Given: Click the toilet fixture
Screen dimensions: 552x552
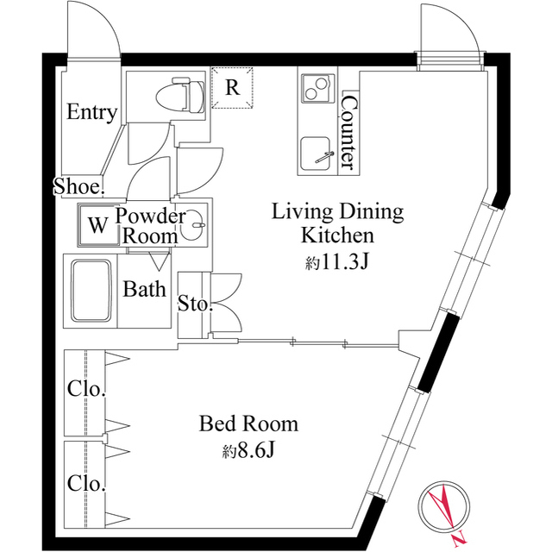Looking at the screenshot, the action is pyautogui.click(x=180, y=95).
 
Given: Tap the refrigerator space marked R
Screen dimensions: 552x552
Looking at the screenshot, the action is pyautogui.click(x=232, y=87).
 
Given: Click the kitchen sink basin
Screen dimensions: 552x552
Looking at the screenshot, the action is pyautogui.click(x=316, y=153).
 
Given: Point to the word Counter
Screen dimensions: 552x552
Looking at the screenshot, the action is pyautogui.click(x=349, y=132).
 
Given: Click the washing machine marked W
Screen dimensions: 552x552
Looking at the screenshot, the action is pyautogui.click(x=97, y=224).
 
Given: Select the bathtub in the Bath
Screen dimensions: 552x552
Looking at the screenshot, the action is pyautogui.click(x=91, y=292).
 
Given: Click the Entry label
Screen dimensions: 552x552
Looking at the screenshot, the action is pyautogui.click(x=92, y=112).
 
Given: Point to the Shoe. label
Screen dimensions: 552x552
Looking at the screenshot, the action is pyautogui.click(x=78, y=186).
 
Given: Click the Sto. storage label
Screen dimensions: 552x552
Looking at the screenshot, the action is pyautogui.click(x=196, y=303).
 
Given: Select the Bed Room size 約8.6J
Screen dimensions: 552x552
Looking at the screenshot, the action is pyautogui.click(x=248, y=450).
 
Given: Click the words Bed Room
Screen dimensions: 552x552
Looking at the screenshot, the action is pyautogui.click(x=248, y=423).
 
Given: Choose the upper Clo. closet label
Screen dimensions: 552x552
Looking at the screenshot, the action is pyautogui.click(x=86, y=389).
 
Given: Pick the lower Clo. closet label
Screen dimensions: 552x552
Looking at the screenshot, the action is pyautogui.click(x=86, y=483).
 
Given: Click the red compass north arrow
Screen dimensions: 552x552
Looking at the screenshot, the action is pyautogui.click(x=442, y=510).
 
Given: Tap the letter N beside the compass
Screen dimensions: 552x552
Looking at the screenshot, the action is pyautogui.click(x=458, y=536).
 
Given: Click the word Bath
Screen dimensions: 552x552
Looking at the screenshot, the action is pyautogui.click(x=144, y=290).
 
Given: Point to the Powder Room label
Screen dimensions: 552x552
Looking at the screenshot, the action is pyautogui.click(x=150, y=226).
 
